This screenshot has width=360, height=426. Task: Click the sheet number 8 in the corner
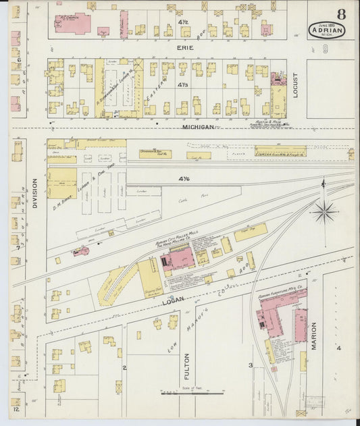[342, 14]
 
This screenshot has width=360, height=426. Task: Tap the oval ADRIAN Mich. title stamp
[327, 30]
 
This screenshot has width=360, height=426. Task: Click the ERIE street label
[185, 48]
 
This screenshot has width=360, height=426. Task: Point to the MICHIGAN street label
[198, 126]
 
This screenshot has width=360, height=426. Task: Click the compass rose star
[324, 211]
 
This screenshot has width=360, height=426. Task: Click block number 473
[182, 85]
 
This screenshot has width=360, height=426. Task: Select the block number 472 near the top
[182, 23]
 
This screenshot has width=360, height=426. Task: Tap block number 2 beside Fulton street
[124, 367]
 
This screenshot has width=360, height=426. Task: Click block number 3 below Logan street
[251, 365]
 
